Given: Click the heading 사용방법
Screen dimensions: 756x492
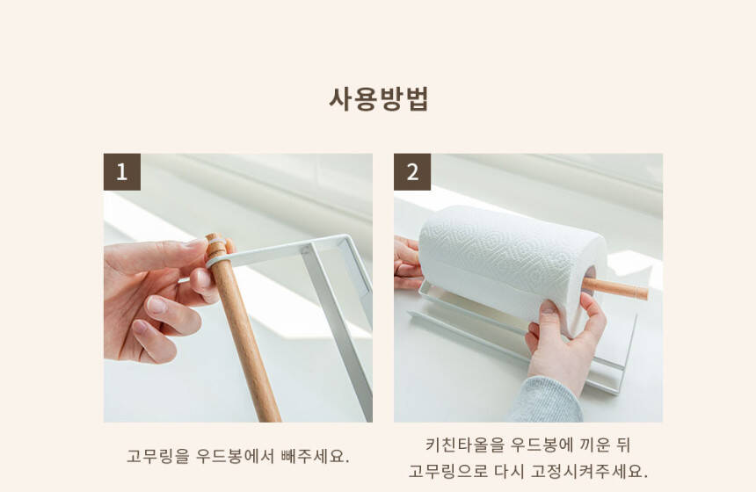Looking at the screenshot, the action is [x=379, y=99].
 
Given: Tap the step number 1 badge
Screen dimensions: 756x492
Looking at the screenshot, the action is [x=122, y=172].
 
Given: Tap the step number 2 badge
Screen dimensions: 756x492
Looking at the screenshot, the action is [x=412, y=172].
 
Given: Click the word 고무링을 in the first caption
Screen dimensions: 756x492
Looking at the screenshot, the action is [x=157, y=456].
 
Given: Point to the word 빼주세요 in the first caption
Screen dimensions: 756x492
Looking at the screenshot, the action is [x=315, y=456].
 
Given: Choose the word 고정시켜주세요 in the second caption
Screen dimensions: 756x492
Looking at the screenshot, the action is [x=589, y=471].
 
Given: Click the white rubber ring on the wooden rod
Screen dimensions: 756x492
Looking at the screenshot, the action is [x=217, y=261].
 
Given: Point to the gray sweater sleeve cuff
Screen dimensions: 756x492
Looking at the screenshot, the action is [x=546, y=401].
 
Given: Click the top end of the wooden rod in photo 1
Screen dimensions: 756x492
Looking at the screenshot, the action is [x=214, y=237].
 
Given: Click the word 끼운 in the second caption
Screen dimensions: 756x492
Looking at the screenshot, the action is [x=595, y=445].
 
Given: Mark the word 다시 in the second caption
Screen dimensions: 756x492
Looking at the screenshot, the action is [x=509, y=471].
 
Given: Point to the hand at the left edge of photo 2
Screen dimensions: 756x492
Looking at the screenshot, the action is [x=406, y=263].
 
